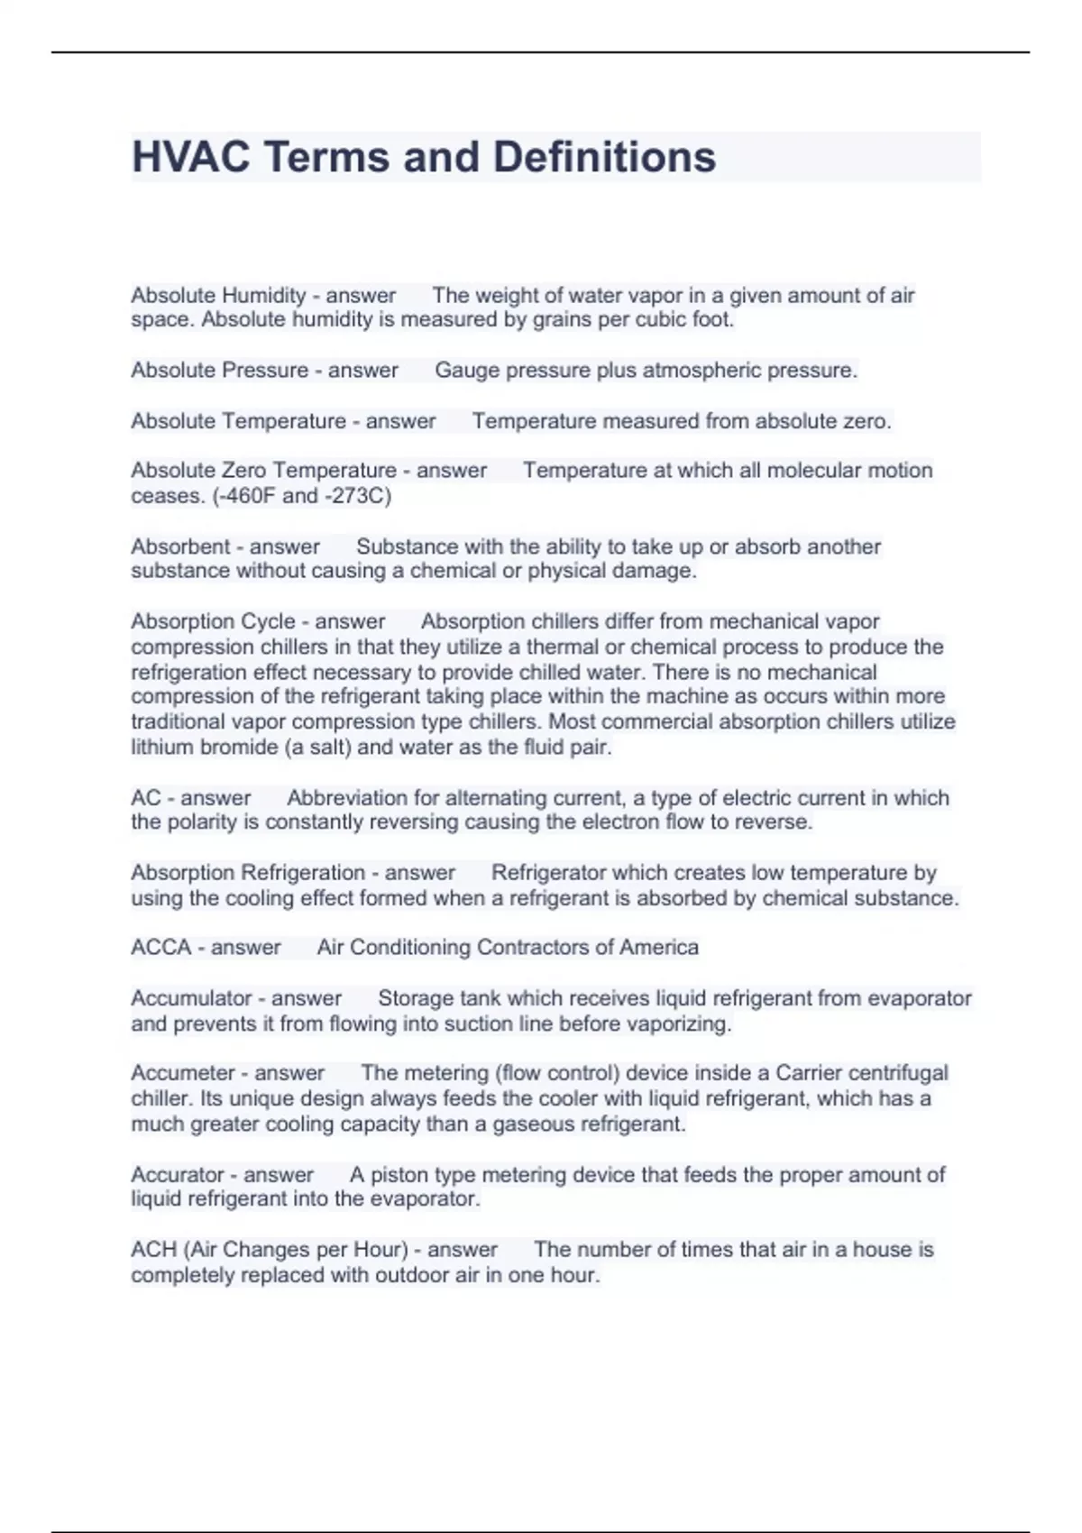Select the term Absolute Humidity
pos(219,296)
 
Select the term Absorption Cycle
pos(213,621)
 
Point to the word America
pos(659,948)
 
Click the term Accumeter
pos(183,1073)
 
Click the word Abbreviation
pos(346,798)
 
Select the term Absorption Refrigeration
pos(248,873)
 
